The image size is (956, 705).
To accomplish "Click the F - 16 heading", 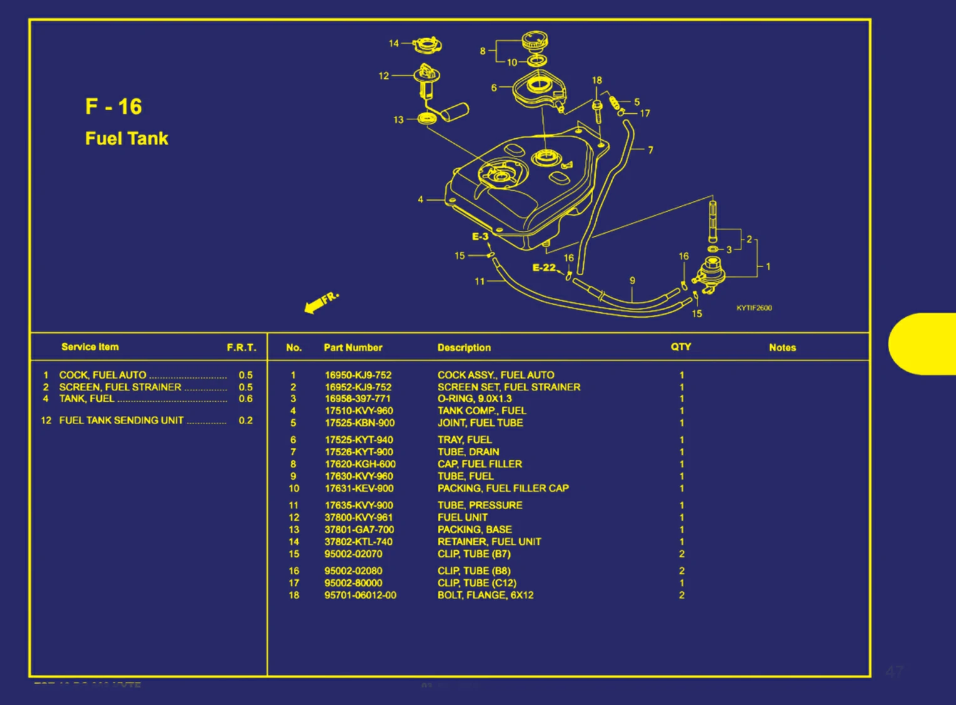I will click(x=113, y=106).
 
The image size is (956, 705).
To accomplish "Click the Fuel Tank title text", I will click(x=126, y=138).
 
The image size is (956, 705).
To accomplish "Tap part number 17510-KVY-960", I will click(x=358, y=411).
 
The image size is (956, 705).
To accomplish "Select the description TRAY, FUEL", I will click(x=464, y=440).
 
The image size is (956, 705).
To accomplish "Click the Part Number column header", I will click(x=353, y=348).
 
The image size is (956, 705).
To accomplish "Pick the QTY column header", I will click(x=681, y=347).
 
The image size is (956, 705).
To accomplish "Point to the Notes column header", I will click(x=782, y=348).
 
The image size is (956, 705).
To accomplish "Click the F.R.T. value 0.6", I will click(x=245, y=398).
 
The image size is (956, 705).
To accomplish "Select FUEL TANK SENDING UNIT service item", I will click(x=121, y=420).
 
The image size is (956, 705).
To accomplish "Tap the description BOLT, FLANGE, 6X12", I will click(x=486, y=595).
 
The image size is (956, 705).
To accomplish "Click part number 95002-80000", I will click(x=353, y=583).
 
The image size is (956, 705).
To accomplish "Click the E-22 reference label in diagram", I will click(x=544, y=268).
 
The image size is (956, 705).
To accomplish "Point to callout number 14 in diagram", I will click(x=394, y=43).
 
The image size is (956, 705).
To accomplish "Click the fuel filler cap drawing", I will click(x=535, y=41).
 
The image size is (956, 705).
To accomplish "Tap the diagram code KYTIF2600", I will click(x=754, y=308).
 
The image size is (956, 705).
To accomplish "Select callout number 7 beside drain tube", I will click(x=651, y=150).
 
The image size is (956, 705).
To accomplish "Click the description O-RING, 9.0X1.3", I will click(x=474, y=398).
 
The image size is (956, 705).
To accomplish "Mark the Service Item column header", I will click(x=89, y=347).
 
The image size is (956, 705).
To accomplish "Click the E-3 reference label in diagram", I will click(x=480, y=236).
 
